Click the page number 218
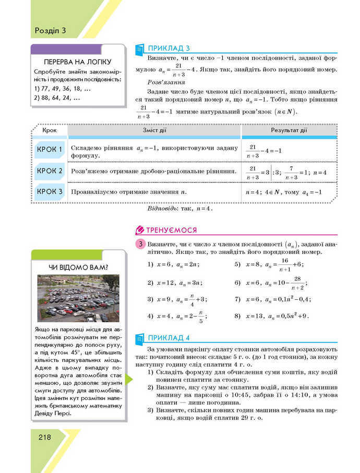click(44, 437)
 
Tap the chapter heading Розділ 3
click(51, 30)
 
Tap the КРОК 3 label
click(50, 191)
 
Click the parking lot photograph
click(78, 298)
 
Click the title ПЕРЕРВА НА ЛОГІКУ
click(78, 62)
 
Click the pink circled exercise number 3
click(140, 244)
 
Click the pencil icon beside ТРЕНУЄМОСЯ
click(140, 230)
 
